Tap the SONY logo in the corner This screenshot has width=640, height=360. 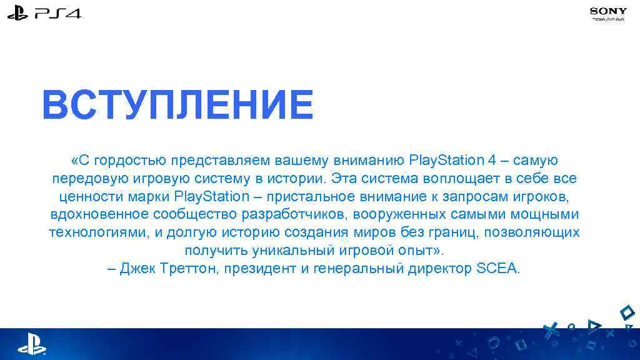point(608,11)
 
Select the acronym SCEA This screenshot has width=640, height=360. point(497,269)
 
